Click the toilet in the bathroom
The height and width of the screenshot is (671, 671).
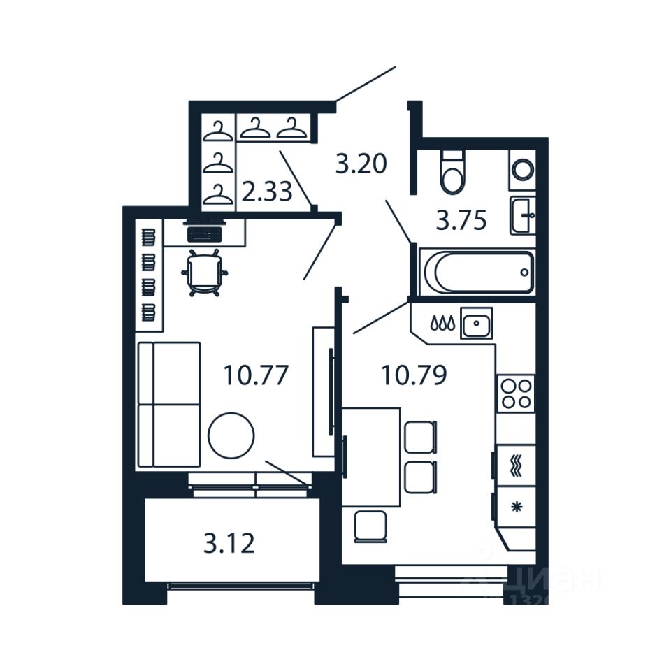(452, 173)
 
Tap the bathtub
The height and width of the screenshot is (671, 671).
(477, 273)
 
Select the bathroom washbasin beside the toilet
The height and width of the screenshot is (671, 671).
(522, 215)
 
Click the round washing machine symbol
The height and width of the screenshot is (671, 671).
(522, 168)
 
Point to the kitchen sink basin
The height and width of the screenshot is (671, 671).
(477, 323)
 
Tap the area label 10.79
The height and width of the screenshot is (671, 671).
(413, 375)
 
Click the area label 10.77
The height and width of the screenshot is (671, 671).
(256, 375)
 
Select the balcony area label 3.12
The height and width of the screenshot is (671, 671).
(229, 542)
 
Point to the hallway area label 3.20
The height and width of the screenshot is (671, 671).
(361, 165)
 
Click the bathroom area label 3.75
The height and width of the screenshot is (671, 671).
(461, 221)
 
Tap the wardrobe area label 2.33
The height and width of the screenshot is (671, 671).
(266, 191)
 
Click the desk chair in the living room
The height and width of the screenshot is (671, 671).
(203, 273)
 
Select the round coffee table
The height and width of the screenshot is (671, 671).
(231, 435)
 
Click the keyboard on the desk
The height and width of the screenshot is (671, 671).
(204, 233)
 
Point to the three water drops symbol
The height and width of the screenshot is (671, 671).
(442, 324)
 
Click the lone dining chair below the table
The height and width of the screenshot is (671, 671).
(370, 526)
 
